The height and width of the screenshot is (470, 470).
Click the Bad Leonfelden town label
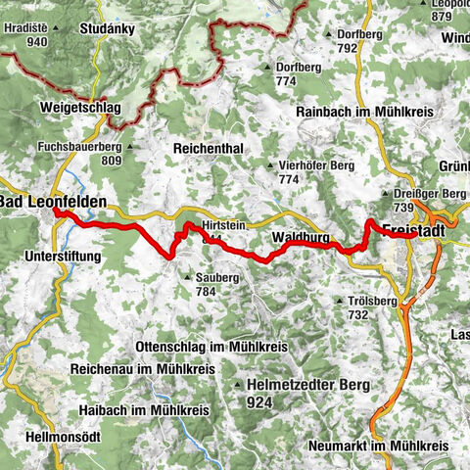pos(52,202)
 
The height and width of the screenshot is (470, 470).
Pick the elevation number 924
pos(258,401)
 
